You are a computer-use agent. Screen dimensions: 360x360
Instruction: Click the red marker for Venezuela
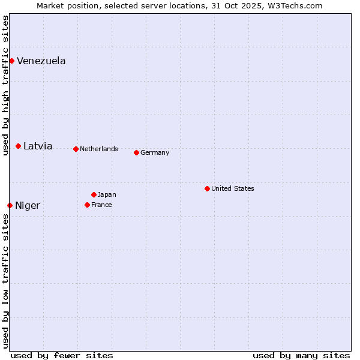pyautogui.click(x=11, y=61)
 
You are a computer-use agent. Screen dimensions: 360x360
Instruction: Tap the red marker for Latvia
pyautogui.click(x=18, y=146)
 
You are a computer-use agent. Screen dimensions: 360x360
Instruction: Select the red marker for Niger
pyautogui.click(x=10, y=205)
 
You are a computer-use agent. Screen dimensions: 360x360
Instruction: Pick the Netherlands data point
pyautogui.click(x=76, y=149)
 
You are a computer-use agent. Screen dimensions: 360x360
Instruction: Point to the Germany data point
pyautogui.click(x=136, y=152)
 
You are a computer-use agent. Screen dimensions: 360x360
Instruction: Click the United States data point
pyautogui.click(x=207, y=188)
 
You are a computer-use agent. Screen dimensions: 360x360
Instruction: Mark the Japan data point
pyautogui.click(x=94, y=194)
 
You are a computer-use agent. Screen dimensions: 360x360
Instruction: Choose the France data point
pyautogui.click(x=87, y=205)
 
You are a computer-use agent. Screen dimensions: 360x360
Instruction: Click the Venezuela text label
pyautogui.click(x=41, y=61)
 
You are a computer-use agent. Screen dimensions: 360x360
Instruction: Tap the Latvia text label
pyautogui.click(x=38, y=146)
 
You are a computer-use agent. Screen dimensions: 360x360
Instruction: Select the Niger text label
pyautogui.click(x=28, y=205)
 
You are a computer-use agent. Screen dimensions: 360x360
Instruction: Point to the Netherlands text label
pyautogui.click(x=99, y=149)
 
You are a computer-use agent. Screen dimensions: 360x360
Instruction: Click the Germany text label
pyautogui.click(x=155, y=152)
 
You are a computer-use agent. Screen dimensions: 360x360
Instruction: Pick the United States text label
pyautogui.click(x=233, y=188)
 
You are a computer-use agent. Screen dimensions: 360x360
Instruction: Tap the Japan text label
pyautogui.click(x=107, y=194)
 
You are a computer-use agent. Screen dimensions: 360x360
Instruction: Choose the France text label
pyautogui.click(x=101, y=205)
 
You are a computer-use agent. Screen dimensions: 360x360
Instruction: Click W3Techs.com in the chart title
pyautogui.click(x=295, y=5)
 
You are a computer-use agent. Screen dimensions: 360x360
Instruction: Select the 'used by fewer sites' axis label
pyautogui.click(x=62, y=355)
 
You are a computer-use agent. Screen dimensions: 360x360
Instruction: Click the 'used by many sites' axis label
pyautogui.click(x=301, y=355)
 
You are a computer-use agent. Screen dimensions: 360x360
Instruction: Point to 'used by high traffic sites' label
pyautogui.click(x=5, y=85)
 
